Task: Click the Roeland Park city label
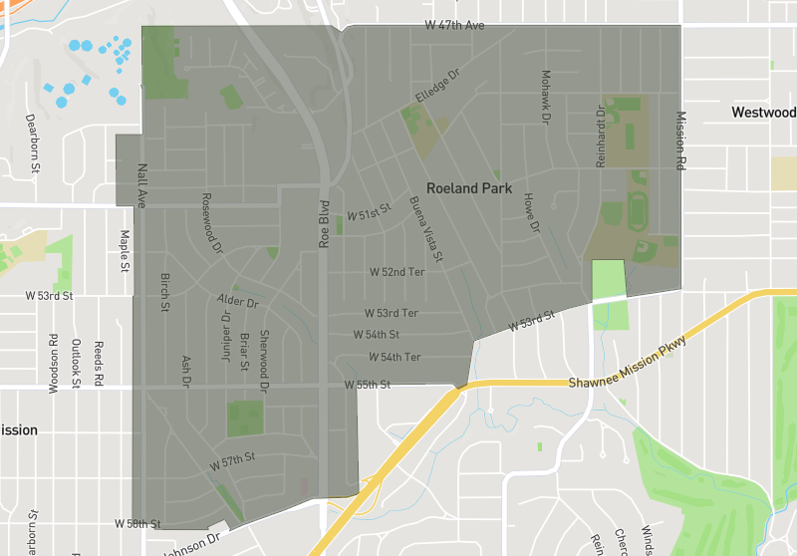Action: click(469, 187)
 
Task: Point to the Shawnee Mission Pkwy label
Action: click(628, 364)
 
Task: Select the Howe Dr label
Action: click(530, 213)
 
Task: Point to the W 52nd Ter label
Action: click(397, 271)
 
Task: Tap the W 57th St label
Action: click(233, 460)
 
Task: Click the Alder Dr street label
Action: click(238, 300)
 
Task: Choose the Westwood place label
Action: click(764, 113)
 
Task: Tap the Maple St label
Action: click(126, 251)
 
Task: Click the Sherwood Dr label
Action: click(265, 360)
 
